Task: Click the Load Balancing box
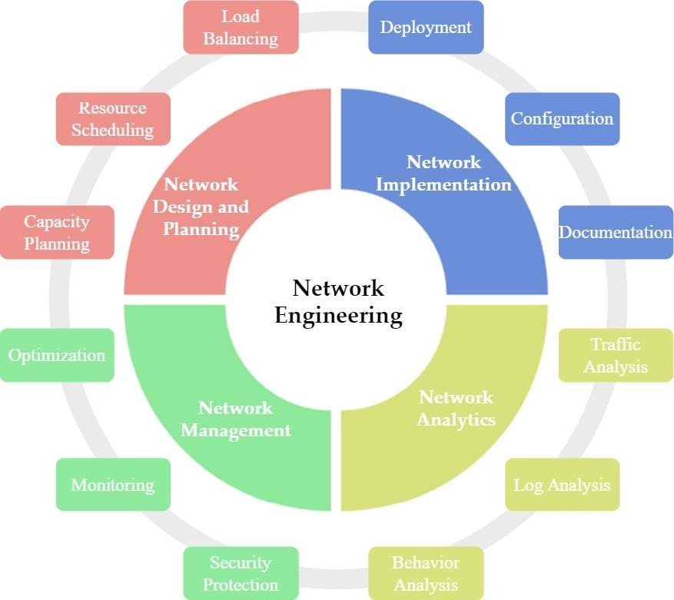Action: pos(241,28)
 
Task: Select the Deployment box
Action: pos(426,28)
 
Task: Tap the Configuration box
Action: pos(563,118)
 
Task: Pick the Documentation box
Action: pos(616,232)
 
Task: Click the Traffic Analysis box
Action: pos(616,356)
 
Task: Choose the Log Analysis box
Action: pos(563,485)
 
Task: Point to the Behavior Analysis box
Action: pos(426,573)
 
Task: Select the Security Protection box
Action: pos(241,573)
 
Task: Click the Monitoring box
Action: pos(113,485)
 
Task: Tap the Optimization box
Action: pos(57,356)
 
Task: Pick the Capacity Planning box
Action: pos(57,232)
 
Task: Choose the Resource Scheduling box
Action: pos(113,118)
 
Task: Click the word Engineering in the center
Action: pos(339,316)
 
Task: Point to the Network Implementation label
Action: pos(443,173)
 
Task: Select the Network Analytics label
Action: pos(456,409)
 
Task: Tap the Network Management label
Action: pos(236,419)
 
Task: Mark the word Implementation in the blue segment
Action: pos(443,185)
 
